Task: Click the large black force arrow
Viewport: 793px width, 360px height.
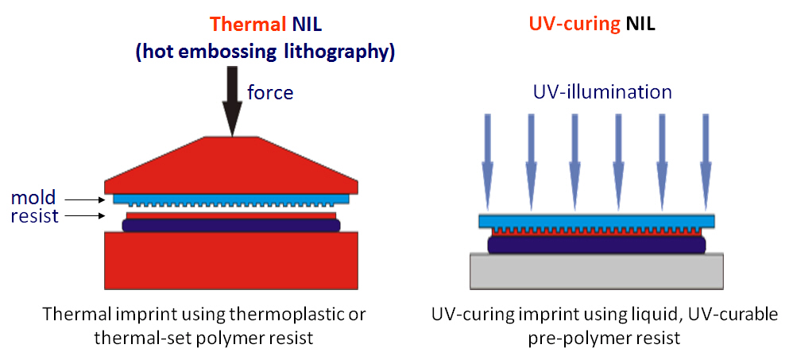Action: click(x=232, y=99)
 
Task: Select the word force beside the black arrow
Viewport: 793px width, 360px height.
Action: click(x=270, y=93)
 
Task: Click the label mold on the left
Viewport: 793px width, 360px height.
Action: click(x=33, y=197)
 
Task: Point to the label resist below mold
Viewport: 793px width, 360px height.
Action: click(x=35, y=215)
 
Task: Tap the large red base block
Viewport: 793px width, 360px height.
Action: click(x=231, y=263)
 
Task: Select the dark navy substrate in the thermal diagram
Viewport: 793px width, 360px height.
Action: click(x=231, y=226)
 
